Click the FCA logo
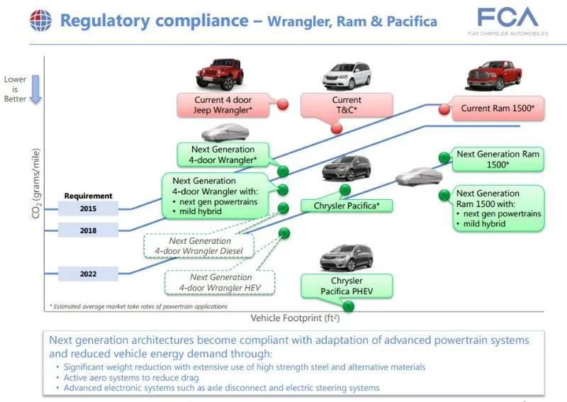tap(507, 21)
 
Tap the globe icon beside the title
tap(40, 21)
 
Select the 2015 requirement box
tap(88, 208)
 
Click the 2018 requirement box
tap(88, 230)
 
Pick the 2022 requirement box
tap(88, 274)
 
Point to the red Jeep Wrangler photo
tap(220, 74)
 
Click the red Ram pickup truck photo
tap(494, 76)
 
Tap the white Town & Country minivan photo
tap(347, 76)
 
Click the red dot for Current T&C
tap(337, 128)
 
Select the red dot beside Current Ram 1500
tap(444, 109)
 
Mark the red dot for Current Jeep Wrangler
tap(283, 104)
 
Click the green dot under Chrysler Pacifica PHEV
tap(348, 306)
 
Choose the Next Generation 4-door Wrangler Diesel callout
tap(199, 246)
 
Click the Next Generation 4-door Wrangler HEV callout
tap(220, 282)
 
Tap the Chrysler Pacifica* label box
tap(347, 206)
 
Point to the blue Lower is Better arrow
tap(35, 89)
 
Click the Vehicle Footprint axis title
tap(295, 318)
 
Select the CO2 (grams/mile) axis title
tap(36, 184)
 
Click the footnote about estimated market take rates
tap(138, 306)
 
